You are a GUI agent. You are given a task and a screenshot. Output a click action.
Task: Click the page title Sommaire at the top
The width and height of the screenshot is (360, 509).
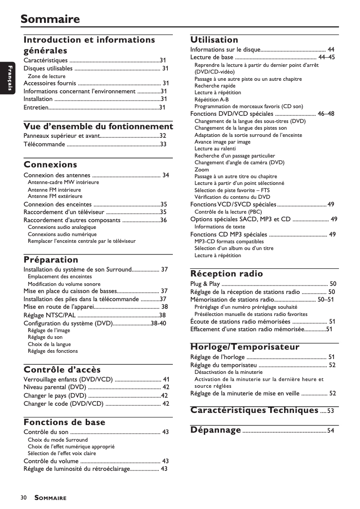tap(50, 19)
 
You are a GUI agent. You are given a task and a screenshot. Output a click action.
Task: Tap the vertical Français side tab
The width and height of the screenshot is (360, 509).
tap(8, 78)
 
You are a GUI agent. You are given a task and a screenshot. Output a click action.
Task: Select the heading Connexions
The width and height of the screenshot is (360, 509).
tap(50, 164)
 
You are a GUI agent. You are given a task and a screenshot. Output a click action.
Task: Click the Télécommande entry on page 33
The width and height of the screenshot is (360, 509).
tap(44, 144)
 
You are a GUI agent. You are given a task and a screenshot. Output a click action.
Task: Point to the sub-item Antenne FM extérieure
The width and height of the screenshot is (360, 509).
tap(55, 196)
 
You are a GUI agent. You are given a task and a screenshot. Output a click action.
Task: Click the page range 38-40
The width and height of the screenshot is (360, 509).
tap(158, 323)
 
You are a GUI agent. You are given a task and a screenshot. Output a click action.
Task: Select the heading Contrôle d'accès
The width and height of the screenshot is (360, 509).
tap(62, 370)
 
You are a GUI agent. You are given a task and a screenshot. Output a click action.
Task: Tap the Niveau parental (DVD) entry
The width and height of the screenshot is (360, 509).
tap(54, 387)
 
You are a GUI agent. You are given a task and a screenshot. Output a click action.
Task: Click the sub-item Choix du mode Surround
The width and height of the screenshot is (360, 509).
tap(57, 440)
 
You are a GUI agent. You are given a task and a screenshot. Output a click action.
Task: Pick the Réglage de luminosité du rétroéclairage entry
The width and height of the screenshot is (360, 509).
tap(76, 469)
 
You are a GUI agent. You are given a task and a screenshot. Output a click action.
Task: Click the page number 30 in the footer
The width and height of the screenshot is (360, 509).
tap(23, 498)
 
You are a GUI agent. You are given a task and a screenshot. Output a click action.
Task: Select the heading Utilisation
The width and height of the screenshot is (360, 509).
tap(214, 39)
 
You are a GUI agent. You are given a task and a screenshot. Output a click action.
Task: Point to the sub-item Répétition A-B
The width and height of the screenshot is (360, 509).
tap(211, 100)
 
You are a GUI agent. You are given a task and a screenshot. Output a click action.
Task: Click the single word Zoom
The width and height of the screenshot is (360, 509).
tap(202, 170)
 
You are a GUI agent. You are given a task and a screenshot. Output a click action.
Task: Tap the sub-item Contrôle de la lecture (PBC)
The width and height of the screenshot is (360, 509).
tap(228, 212)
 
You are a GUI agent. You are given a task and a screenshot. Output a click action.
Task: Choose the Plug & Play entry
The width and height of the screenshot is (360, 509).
tap(205, 284)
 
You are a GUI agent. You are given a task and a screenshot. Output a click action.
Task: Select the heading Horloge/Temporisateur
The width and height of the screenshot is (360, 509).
tap(245, 347)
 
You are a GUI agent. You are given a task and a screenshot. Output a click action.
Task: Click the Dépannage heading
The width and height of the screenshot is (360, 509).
tap(216, 430)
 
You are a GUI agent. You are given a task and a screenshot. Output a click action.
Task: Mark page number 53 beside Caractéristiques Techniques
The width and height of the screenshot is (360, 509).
tap(330, 411)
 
